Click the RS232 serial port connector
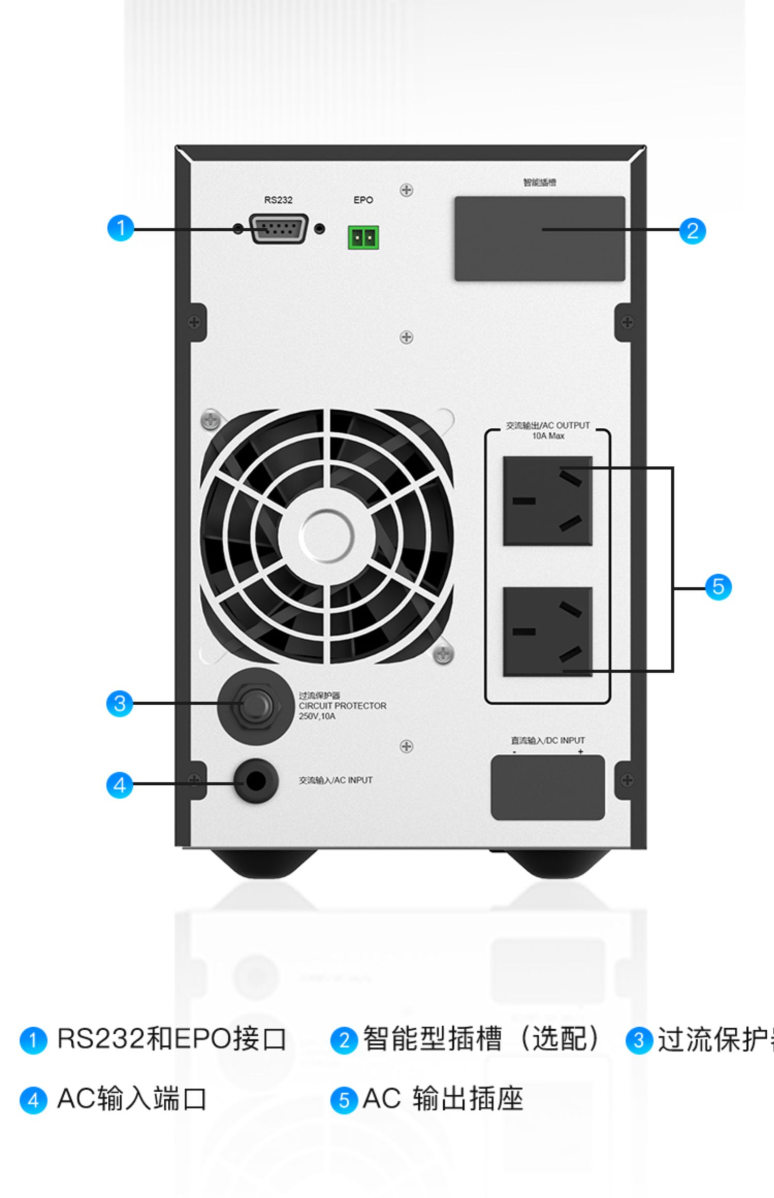[279, 228]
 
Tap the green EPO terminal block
[363, 238]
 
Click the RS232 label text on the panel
[278, 200]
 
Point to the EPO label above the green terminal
[363, 200]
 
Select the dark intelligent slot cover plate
[539, 238]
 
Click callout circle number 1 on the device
[120, 228]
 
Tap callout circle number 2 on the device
[692, 230]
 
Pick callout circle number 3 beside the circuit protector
[119, 704]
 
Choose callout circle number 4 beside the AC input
[119, 785]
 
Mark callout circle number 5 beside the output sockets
[718, 587]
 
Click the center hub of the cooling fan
[326, 536]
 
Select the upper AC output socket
[547, 500]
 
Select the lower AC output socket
[547, 632]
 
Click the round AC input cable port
[256, 781]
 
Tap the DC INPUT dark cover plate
[547, 787]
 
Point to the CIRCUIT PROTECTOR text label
[342, 706]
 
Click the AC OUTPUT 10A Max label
[547, 430]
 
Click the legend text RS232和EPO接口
[171, 1039]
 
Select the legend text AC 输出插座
[443, 1098]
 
